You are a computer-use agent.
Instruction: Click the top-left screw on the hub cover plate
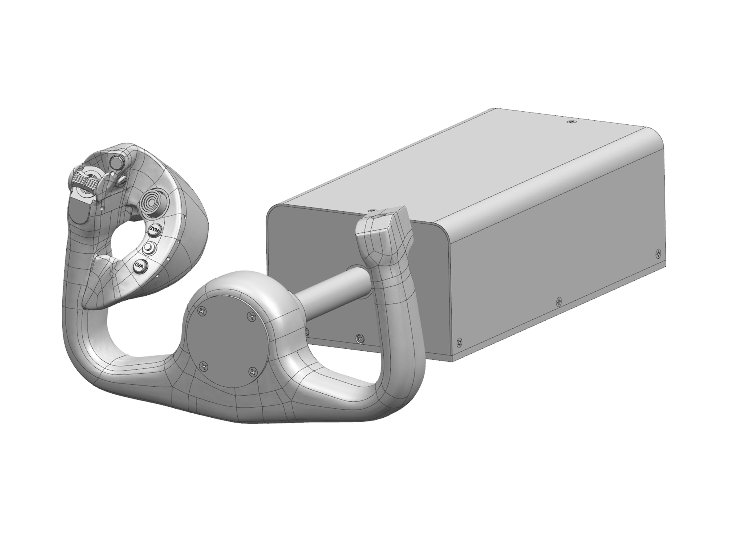point(201,310)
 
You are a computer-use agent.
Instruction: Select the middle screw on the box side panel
point(559,301)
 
